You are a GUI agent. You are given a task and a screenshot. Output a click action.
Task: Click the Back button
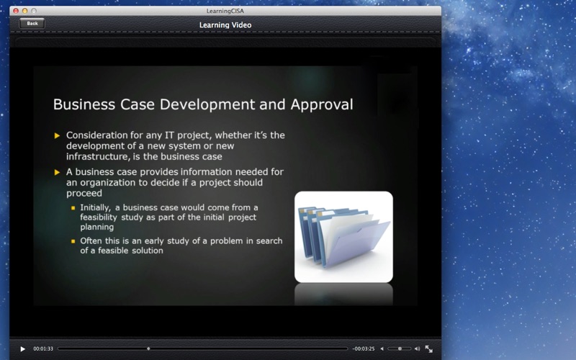pyautogui.click(x=32, y=24)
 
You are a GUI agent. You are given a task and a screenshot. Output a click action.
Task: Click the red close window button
pyautogui.click(x=16, y=11)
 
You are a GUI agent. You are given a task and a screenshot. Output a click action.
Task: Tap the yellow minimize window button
pyautogui.click(x=24, y=11)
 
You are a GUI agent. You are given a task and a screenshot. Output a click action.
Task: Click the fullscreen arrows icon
pyautogui.click(x=428, y=348)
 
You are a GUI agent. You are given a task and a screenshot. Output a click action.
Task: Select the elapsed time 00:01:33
pyautogui.click(x=43, y=348)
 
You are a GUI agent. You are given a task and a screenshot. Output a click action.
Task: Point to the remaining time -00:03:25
pyautogui.click(x=364, y=348)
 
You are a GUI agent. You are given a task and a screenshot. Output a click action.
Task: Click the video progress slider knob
pyautogui.click(x=148, y=348)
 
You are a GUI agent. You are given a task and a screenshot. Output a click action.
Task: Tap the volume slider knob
pyautogui.click(x=400, y=348)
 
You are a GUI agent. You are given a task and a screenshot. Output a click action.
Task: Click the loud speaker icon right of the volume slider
pyautogui.click(x=417, y=348)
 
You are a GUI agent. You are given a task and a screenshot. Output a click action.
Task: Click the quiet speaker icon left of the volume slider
pyautogui.click(x=382, y=348)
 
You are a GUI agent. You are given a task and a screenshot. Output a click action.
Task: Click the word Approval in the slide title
pyautogui.click(x=322, y=105)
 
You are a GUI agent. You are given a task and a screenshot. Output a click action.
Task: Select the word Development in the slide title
pyautogui.click(x=207, y=105)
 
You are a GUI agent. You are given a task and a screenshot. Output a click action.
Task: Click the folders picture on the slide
pyautogui.click(x=343, y=237)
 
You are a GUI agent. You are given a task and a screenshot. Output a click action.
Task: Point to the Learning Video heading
pyautogui.click(x=225, y=25)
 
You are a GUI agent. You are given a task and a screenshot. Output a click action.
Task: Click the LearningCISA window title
pyautogui.click(x=225, y=11)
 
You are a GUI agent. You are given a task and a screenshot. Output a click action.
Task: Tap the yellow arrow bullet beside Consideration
pyautogui.click(x=57, y=135)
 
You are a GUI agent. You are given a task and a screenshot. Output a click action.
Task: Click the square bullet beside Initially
pyautogui.click(x=73, y=208)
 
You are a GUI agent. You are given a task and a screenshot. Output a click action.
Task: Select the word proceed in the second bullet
pyautogui.click(x=84, y=194)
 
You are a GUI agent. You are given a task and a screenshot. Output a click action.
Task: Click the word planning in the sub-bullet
pyautogui.click(x=97, y=227)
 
